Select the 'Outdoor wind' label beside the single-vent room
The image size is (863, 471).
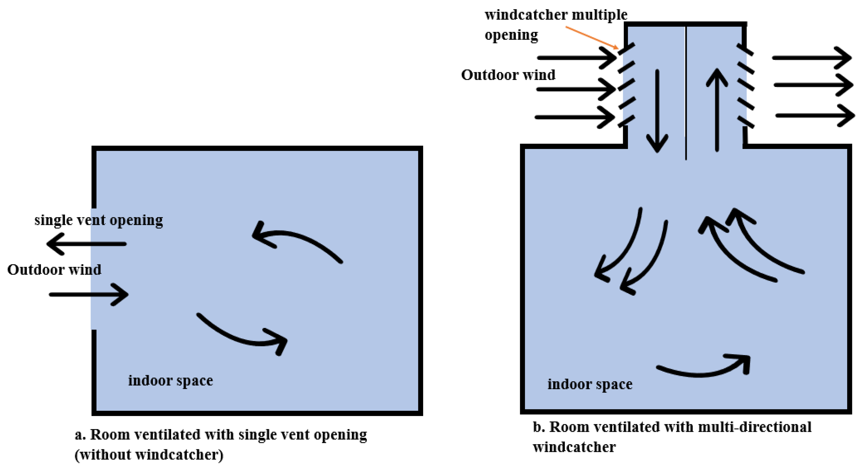[54, 270]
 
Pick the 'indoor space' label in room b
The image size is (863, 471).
[590, 384]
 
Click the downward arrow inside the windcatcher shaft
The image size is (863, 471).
[657, 111]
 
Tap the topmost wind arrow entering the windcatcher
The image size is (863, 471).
[576, 58]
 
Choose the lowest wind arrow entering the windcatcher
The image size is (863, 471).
[574, 117]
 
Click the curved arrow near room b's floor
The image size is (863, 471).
[703, 370]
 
